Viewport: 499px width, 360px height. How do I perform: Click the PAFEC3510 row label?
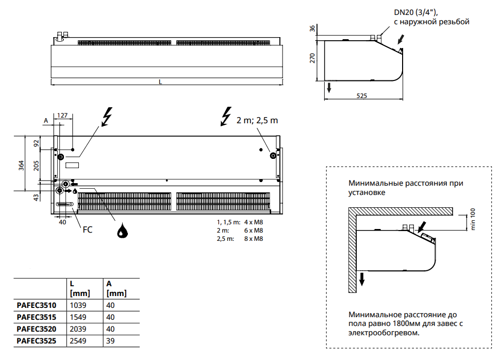36,305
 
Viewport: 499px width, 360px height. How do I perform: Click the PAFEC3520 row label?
36,329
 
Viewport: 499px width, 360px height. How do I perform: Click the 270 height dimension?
312,59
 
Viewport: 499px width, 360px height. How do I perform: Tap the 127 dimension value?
62,116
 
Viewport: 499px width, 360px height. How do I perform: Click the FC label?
88,230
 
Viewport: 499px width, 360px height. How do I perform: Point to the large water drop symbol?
122,232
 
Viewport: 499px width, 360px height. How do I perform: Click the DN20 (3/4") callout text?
412,12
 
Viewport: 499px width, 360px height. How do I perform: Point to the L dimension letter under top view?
160,81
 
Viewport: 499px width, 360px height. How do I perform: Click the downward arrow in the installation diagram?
362,279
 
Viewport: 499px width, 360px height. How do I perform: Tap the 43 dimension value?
36,197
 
